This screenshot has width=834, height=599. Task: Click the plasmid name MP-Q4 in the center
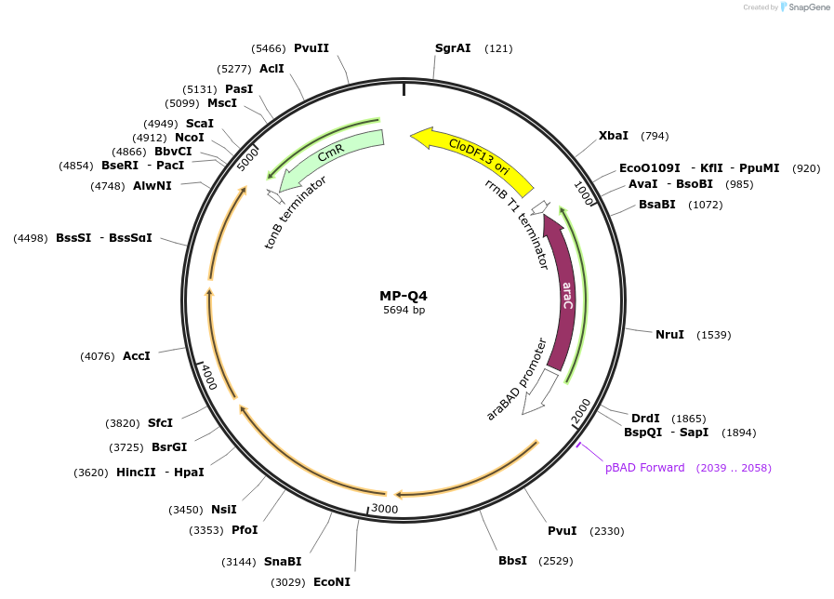(404, 296)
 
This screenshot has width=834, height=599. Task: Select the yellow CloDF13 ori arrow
(474, 154)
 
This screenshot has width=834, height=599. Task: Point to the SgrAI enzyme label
(453, 48)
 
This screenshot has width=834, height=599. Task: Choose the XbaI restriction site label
(613, 136)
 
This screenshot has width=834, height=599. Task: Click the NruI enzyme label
(669, 335)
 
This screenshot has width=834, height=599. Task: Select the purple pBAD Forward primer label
(644, 468)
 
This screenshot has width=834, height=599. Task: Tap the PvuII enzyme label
(311, 48)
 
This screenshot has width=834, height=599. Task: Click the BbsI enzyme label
(512, 561)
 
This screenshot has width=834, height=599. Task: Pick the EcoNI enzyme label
(332, 582)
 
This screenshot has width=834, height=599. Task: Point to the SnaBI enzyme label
(283, 562)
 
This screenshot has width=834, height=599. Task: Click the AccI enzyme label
(136, 356)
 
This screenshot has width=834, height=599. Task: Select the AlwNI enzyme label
(152, 186)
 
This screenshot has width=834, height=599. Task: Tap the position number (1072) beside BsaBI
(705, 205)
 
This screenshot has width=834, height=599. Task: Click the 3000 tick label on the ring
(384, 509)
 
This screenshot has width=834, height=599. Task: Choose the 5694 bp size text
(404, 311)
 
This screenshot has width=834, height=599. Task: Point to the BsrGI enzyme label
(169, 447)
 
